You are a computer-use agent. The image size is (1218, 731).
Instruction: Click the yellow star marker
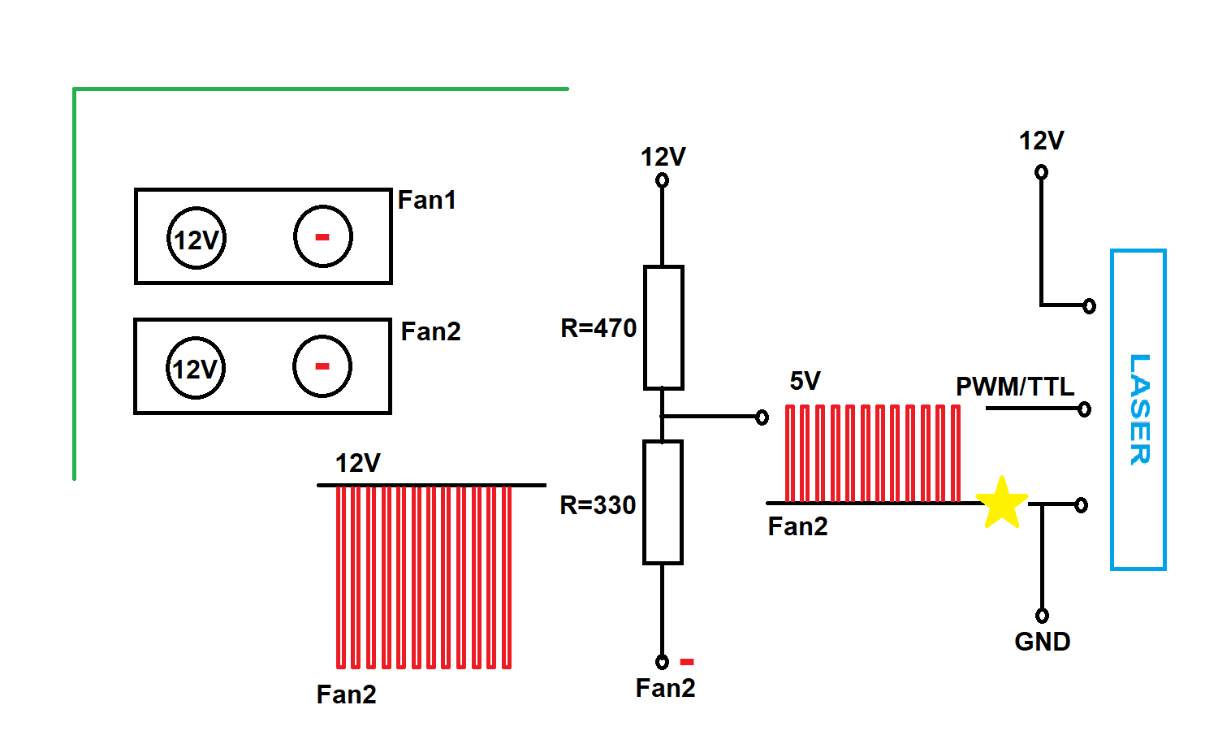pyautogui.click(x=1002, y=503)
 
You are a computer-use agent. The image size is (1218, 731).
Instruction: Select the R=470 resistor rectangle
pyautogui.click(x=663, y=327)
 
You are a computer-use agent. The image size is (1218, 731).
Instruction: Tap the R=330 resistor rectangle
pyautogui.click(x=663, y=502)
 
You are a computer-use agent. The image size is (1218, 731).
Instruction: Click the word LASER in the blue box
pyautogui.click(x=1139, y=409)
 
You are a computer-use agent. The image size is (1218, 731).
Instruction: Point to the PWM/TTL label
pyautogui.click(x=1014, y=387)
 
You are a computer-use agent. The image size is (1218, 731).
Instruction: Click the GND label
pyautogui.click(x=1042, y=642)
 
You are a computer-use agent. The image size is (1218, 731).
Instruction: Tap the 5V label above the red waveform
pyautogui.click(x=805, y=381)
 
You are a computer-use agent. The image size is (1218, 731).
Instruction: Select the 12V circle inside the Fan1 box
pyautogui.click(x=197, y=239)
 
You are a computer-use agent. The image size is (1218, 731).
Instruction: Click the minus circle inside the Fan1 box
pyautogui.click(x=322, y=236)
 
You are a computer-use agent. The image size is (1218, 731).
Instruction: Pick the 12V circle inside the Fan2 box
pyautogui.click(x=196, y=369)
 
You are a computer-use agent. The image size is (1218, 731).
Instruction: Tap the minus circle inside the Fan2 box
pyautogui.click(x=322, y=366)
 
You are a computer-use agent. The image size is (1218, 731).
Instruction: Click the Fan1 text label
pyautogui.click(x=426, y=200)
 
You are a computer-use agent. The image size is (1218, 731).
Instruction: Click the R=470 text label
pyautogui.click(x=598, y=328)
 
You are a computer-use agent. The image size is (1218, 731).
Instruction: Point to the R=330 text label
pyautogui.click(x=598, y=505)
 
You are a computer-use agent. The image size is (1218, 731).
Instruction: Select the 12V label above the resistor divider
pyautogui.click(x=663, y=157)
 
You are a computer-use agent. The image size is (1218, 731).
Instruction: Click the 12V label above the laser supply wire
pyautogui.click(x=1041, y=141)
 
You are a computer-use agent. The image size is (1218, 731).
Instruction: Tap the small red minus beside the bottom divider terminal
pyautogui.click(x=687, y=662)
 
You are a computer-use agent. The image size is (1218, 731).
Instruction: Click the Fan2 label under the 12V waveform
pyautogui.click(x=346, y=694)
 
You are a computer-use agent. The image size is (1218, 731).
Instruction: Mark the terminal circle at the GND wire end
pyautogui.click(x=1042, y=616)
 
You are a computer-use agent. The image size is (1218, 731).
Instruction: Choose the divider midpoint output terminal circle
pyautogui.click(x=762, y=417)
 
